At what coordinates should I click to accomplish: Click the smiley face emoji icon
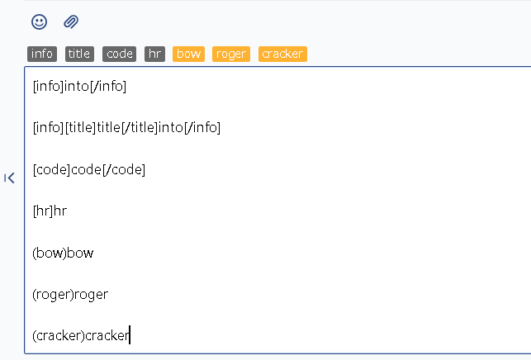40,22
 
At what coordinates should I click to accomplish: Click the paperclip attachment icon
71,22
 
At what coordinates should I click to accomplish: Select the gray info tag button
42,54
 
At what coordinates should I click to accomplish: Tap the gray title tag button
79,54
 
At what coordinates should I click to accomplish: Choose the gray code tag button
119,54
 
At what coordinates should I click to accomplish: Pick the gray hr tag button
154,54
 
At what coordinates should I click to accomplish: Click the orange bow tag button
188,54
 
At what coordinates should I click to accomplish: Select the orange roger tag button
231,54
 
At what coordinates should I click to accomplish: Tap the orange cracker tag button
282,54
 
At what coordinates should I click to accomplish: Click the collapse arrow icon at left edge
9,178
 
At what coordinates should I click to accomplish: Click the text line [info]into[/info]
79,86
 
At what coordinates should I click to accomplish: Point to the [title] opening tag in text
81,128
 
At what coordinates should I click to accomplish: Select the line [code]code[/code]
89,169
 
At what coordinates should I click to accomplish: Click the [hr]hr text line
50,211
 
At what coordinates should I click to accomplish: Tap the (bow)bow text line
63,253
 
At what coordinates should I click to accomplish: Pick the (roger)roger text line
70,295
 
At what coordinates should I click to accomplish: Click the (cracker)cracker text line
81,335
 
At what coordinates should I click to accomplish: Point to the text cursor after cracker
130,335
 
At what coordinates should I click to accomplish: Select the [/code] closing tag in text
124,169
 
